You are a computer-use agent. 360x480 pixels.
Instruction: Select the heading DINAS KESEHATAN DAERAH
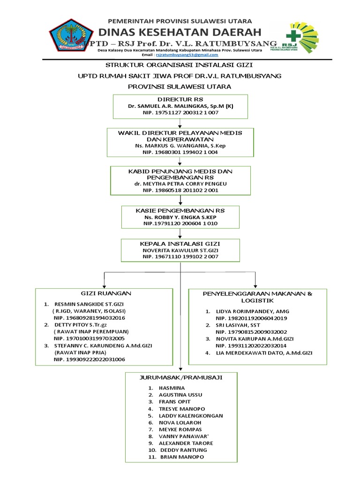point(180,32)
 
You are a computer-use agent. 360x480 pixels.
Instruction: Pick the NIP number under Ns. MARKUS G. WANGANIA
point(180,152)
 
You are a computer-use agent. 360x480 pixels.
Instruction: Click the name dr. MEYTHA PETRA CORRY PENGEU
point(180,184)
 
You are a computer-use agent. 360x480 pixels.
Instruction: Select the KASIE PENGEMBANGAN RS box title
point(180,210)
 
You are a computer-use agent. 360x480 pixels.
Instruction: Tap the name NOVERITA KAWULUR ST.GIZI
point(180,251)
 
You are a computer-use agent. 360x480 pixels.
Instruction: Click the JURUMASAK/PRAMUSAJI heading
point(181,376)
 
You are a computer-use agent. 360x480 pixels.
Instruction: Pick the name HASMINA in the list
point(172,388)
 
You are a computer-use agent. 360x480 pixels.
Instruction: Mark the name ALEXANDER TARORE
point(186,443)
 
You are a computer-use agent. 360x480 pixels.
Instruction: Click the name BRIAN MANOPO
point(182,457)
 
